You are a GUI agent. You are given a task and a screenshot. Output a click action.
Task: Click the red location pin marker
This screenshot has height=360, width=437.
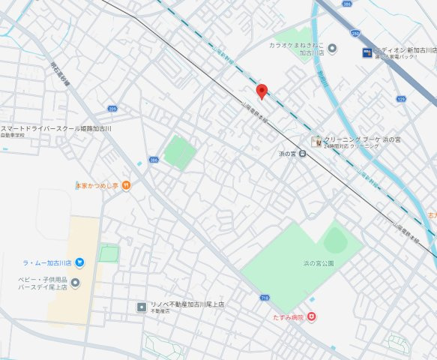[262, 91]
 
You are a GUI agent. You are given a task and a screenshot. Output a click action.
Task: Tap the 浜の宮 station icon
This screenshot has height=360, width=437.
[302, 154]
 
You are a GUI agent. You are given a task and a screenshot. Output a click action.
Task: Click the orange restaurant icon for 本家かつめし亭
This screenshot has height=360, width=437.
[126, 184]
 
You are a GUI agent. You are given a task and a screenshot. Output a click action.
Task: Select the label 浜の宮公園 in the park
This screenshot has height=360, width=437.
[319, 263]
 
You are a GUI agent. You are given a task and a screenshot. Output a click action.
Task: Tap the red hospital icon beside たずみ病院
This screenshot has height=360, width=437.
[312, 317]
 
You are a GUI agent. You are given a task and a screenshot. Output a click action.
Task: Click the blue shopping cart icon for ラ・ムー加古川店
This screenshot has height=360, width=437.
[79, 262]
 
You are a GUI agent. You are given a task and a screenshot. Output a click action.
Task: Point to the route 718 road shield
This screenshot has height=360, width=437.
[264, 298]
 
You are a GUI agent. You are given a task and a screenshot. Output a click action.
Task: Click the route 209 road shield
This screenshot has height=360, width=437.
[112, 109]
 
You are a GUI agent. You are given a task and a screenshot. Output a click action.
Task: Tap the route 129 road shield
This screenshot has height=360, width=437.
[401, 98]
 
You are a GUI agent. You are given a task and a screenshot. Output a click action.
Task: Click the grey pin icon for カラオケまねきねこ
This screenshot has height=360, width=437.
[332, 49]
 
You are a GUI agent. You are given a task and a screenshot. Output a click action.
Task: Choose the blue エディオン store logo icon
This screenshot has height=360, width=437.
[367, 52]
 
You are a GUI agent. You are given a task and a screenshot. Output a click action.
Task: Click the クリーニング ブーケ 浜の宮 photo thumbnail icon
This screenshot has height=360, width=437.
[317, 140]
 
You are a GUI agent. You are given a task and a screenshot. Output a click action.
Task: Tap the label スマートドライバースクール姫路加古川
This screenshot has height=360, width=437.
[56, 129]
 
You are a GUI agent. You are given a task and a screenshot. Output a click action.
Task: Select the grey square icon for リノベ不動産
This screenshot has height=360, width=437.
[141, 306]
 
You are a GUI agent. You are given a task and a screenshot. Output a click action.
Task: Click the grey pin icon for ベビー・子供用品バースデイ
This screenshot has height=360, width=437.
[75, 283]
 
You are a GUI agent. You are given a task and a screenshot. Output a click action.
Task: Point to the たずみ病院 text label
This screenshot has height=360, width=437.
[288, 318]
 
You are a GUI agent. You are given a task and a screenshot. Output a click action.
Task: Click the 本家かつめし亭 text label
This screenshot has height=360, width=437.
[97, 184]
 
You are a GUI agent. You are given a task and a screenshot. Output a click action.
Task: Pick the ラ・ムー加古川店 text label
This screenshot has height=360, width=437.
[47, 263]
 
